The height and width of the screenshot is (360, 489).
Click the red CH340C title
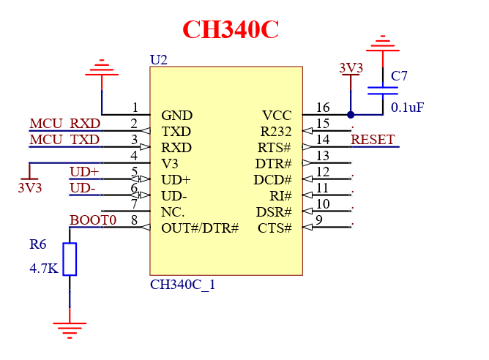pos(231,29)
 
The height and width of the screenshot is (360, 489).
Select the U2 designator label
pos(158,59)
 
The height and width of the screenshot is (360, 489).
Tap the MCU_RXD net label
pos(64,123)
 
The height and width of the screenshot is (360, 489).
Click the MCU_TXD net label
pos(64,139)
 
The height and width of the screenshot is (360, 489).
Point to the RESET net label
pos(373,139)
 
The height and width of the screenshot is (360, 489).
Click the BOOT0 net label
pos(93,220)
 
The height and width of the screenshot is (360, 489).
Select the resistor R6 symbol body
pos(70,259)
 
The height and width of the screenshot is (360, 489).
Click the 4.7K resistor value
pos(44,269)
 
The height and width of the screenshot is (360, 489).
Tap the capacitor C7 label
pos(400,76)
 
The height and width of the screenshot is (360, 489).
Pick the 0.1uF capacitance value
pos(407,108)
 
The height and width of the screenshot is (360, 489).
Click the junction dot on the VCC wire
pos(351,115)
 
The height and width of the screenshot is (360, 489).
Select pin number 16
pos(323,108)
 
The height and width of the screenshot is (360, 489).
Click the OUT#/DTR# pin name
pos(200,228)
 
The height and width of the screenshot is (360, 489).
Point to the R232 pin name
pos(276,132)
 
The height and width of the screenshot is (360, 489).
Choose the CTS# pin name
pos(275,228)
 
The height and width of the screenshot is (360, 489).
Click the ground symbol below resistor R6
pos(70,329)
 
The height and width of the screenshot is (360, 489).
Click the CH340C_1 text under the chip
pos(182,285)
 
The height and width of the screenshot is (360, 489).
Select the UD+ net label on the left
pos(84,172)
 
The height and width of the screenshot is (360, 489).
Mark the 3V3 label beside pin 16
pos(351,68)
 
